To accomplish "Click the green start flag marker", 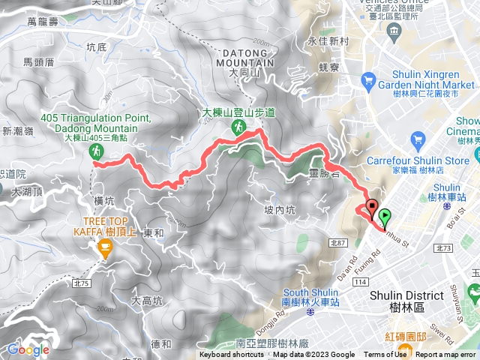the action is pos(385,217).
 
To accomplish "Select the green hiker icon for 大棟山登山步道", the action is pos(238,127).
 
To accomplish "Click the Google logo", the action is pos(28,349).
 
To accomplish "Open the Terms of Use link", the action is pos(385,355).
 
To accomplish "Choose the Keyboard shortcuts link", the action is pos(232,355).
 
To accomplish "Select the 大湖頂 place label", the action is pos(27,192).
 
